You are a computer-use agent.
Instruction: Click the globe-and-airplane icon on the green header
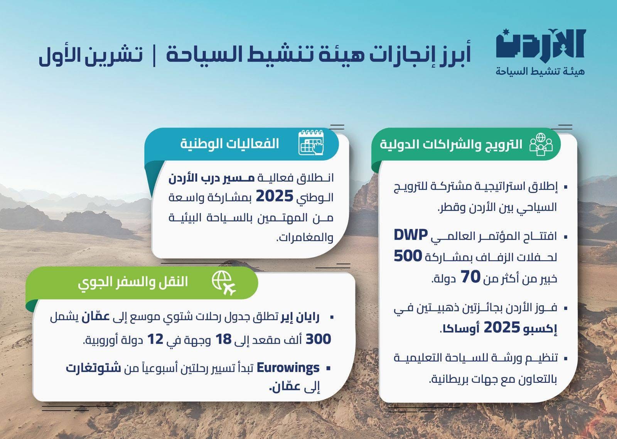(224, 283)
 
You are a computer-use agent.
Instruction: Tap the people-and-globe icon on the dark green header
(541, 144)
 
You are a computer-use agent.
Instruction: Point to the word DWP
(411, 235)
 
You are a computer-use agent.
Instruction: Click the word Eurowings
(288, 368)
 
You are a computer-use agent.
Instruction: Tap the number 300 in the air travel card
(318, 339)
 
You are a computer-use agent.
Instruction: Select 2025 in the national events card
(275, 197)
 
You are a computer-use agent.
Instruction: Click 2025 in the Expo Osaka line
(502, 328)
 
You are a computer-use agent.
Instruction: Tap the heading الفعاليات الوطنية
(229, 144)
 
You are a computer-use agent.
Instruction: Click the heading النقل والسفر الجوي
(133, 282)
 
